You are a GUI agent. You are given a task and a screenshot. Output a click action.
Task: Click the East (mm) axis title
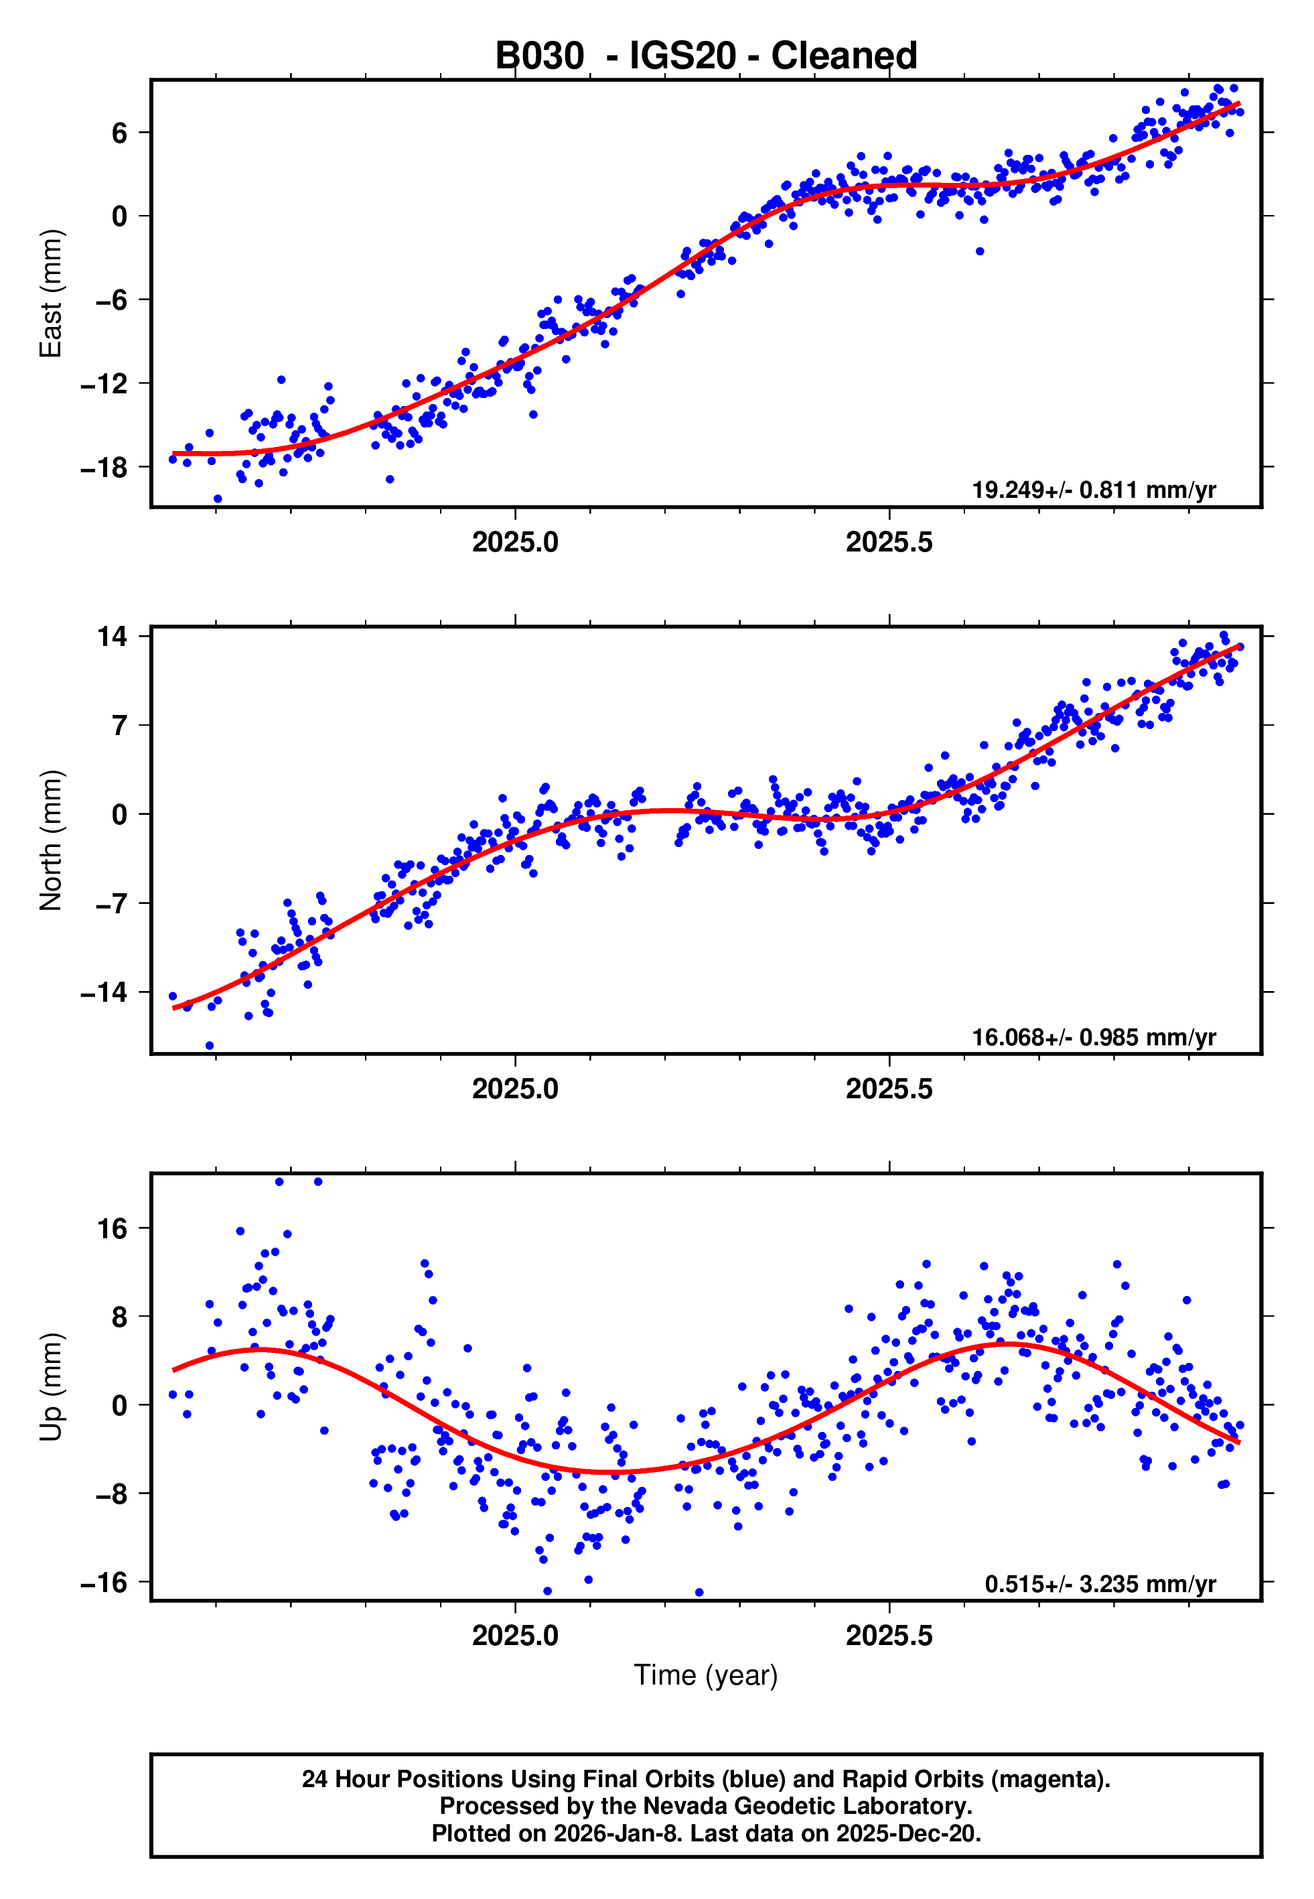(x=51, y=293)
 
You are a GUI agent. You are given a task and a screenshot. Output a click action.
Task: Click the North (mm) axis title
(x=51, y=840)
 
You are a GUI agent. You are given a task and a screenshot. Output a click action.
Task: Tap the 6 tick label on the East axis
(x=119, y=133)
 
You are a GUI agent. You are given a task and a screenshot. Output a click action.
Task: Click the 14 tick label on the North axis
(x=112, y=636)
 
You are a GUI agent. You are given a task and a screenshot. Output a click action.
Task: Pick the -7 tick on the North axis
(x=104, y=903)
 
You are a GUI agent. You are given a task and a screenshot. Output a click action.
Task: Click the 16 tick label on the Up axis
(x=112, y=1229)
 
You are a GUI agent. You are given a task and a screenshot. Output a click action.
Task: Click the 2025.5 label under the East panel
(x=889, y=542)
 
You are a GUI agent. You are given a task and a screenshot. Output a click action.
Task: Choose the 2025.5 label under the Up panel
(x=889, y=1635)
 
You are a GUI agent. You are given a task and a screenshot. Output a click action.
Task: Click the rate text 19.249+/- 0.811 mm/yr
(x=1094, y=490)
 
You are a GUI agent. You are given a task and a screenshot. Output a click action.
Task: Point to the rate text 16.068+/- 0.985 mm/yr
(x=1094, y=1037)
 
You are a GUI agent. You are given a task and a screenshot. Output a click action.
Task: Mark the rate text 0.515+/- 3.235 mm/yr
(x=1100, y=1583)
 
